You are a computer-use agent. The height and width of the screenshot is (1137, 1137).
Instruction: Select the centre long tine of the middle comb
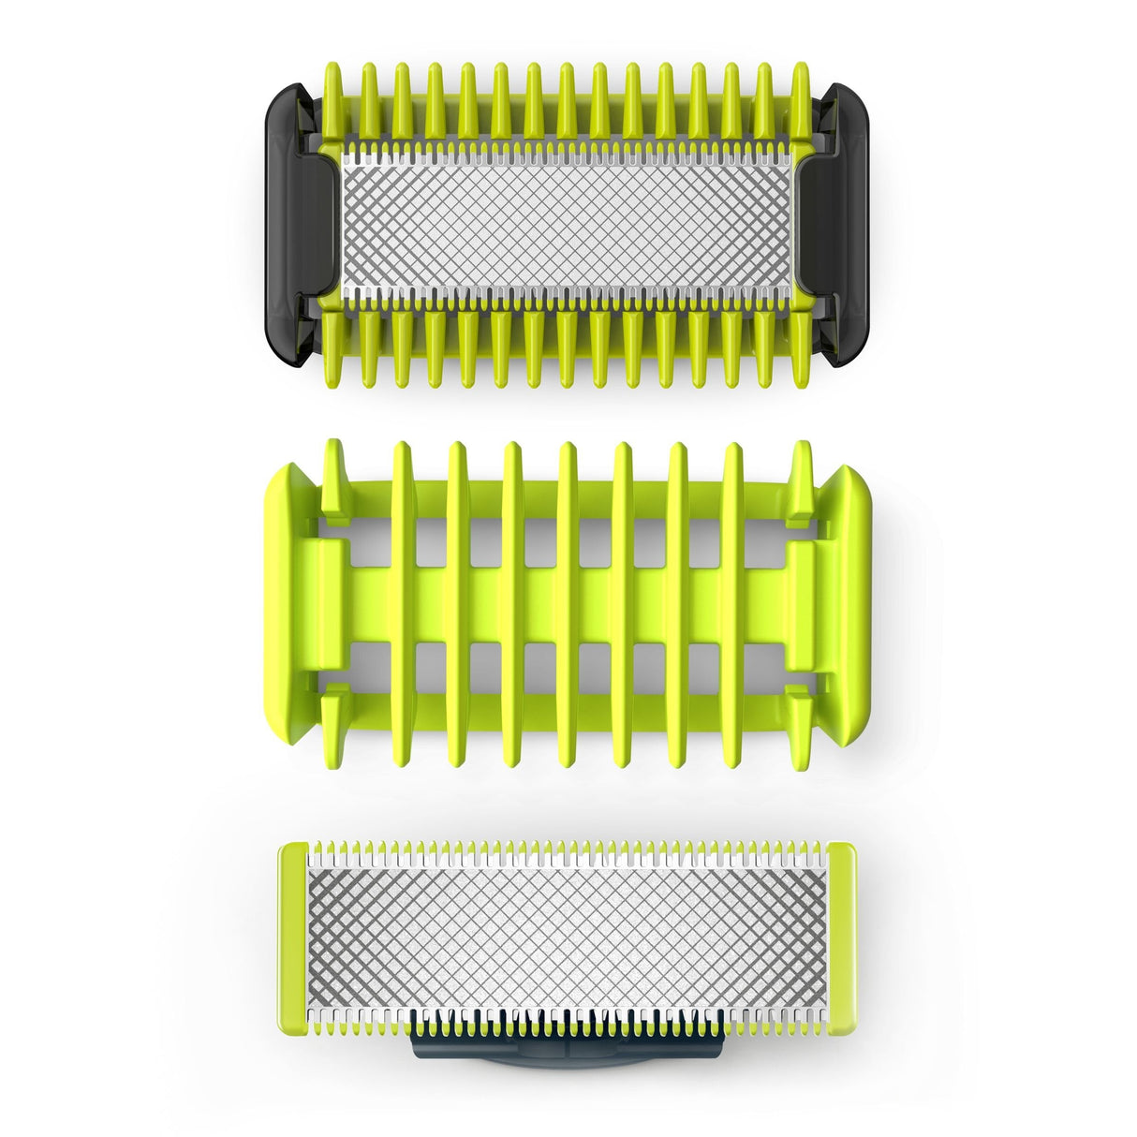coord(568,605)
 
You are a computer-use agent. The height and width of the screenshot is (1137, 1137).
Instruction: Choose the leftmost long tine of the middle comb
coord(403,605)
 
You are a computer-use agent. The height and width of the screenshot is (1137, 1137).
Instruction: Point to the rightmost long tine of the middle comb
coord(732,605)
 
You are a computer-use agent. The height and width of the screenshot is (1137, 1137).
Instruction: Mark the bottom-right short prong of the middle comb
coord(801,726)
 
